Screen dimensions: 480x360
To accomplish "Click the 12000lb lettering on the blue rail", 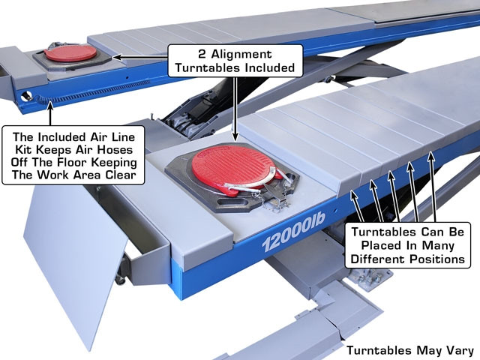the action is tap(293, 232).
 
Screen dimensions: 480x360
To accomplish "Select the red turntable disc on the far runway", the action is tap(70, 53).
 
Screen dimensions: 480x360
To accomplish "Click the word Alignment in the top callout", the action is tap(241, 54).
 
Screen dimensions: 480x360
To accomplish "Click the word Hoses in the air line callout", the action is tap(115, 150).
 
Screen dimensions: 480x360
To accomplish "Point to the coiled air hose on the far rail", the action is tap(88, 91).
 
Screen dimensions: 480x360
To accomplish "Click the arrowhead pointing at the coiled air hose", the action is tap(50, 106).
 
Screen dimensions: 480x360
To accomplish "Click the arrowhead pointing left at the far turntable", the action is tap(117, 57).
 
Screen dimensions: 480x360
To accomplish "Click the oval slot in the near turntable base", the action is tap(232, 202).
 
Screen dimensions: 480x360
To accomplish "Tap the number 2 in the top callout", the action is tap(202, 54).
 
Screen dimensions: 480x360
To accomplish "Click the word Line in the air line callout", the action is tap(122, 136).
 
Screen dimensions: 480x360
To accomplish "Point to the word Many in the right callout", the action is tap(438, 245).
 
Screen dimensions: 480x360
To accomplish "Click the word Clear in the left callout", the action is tap(121, 175).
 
